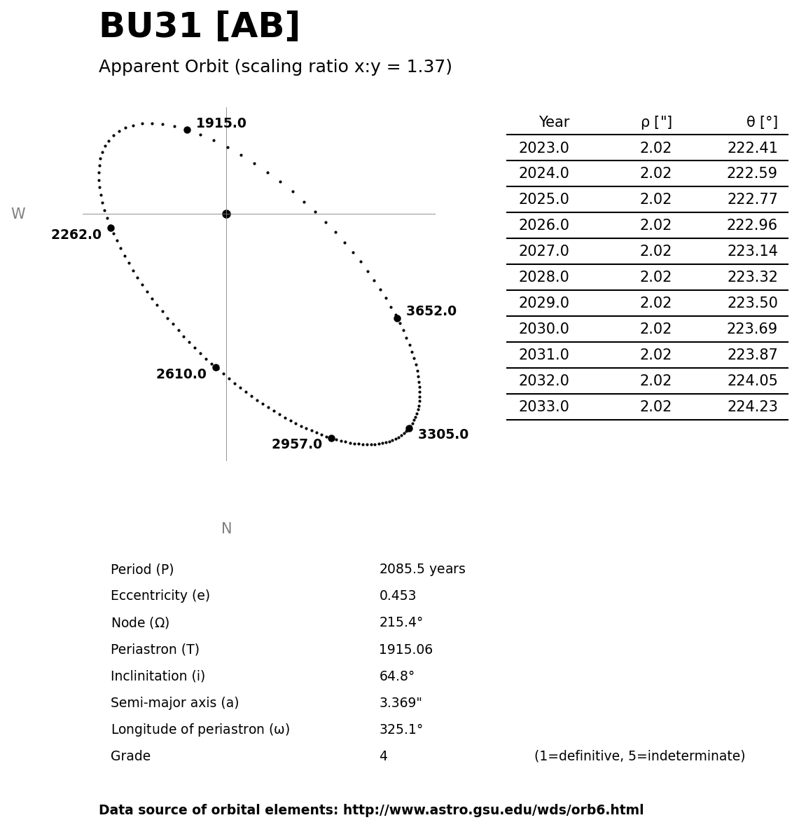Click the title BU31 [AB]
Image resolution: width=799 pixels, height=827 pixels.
tap(199, 27)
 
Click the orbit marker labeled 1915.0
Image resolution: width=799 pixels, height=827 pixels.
tap(187, 130)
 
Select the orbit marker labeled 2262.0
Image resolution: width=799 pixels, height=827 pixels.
tap(111, 228)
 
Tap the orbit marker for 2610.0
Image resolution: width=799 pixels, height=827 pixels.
tap(216, 367)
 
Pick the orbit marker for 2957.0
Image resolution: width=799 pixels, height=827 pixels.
tap(331, 438)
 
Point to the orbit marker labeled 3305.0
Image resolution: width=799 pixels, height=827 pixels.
tap(409, 428)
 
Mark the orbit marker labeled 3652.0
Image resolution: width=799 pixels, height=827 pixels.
tap(397, 318)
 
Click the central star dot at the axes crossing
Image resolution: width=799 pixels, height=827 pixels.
tap(226, 214)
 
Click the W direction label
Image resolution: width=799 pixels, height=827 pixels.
tap(18, 214)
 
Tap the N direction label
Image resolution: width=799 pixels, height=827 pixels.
tap(226, 528)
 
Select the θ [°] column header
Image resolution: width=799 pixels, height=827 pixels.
tap(761, 123)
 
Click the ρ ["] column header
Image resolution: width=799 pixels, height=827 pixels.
tap(655, 123)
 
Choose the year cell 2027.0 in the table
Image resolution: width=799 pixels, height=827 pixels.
tap(543, 251)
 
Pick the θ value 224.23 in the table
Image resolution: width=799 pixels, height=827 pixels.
tap(752, 406)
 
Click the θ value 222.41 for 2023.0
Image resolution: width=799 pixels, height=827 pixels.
tap(752, 148)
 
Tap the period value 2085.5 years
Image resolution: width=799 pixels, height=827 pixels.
tap(422, 569)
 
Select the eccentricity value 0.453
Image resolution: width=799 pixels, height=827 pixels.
tap(397, 596)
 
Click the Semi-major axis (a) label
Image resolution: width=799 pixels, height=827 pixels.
tap(174, 703)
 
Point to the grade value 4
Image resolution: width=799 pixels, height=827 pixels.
tap(383, 756)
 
